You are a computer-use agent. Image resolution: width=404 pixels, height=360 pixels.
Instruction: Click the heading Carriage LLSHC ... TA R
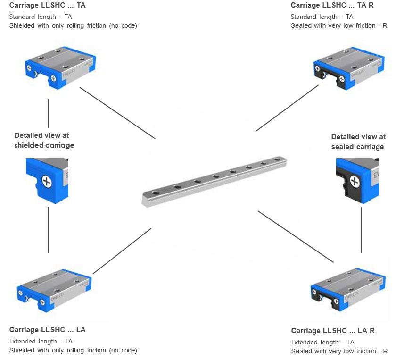pyautogui.click(x=333, y=5)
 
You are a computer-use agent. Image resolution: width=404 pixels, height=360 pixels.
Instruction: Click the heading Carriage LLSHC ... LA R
pyautogui.click(x=333, y=331)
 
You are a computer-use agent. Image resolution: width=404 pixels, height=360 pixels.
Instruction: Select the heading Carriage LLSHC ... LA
pyautogui.click(x=48, y=329)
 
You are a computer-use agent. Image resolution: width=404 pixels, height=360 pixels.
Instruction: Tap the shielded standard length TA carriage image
pyautogui.click(x=60, y=66)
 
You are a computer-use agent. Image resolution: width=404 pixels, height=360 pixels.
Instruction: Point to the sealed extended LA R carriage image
pyautogui.click(x=349, y=287)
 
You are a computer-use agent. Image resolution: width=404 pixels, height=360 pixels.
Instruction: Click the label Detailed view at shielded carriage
pyautogui.click(x=44, y=140)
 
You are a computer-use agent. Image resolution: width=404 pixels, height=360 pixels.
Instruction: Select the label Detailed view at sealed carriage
pyautogui.click(x=358, y=142)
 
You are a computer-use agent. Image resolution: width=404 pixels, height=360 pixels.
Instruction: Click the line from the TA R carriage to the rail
pyautogui.click(x=288, y=108)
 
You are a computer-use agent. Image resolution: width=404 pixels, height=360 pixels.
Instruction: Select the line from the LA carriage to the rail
pyautogui.click(x=122, y=251)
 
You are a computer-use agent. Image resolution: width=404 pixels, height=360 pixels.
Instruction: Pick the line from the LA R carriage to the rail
pyautogui.click(x=296, y=236)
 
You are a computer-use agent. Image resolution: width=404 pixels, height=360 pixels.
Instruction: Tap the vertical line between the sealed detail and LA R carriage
pyautogui.click(x=362, y=229)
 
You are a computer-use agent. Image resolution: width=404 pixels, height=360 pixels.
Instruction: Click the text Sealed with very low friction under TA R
pyautogui.click(x=339, y=25)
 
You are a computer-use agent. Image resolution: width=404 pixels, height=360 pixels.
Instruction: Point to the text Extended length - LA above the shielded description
pyautogui.click(x=41, y=341)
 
